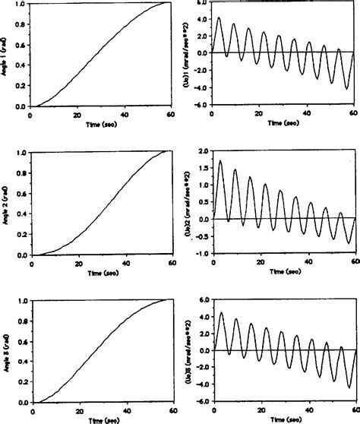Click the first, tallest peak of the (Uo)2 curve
pos(220,160)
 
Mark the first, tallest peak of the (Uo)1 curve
pos(219,18)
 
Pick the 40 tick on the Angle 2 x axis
pos(125,262)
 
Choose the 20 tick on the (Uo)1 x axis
pos(260,114)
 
